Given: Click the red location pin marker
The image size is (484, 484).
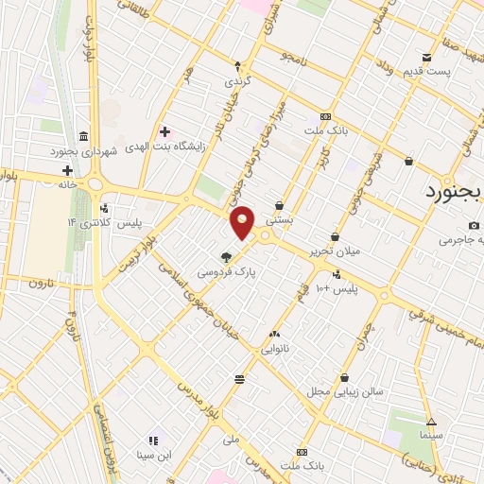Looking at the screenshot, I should pos(243,222).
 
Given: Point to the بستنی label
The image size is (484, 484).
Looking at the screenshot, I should pos(279,220).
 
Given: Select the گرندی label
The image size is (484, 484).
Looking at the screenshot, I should pos(237,82).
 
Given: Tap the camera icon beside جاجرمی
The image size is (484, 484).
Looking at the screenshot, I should pos(474,225).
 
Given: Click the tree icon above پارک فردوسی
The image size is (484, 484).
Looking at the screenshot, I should pos(226,256).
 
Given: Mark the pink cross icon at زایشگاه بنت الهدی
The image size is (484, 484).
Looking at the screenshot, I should pos(165,131).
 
